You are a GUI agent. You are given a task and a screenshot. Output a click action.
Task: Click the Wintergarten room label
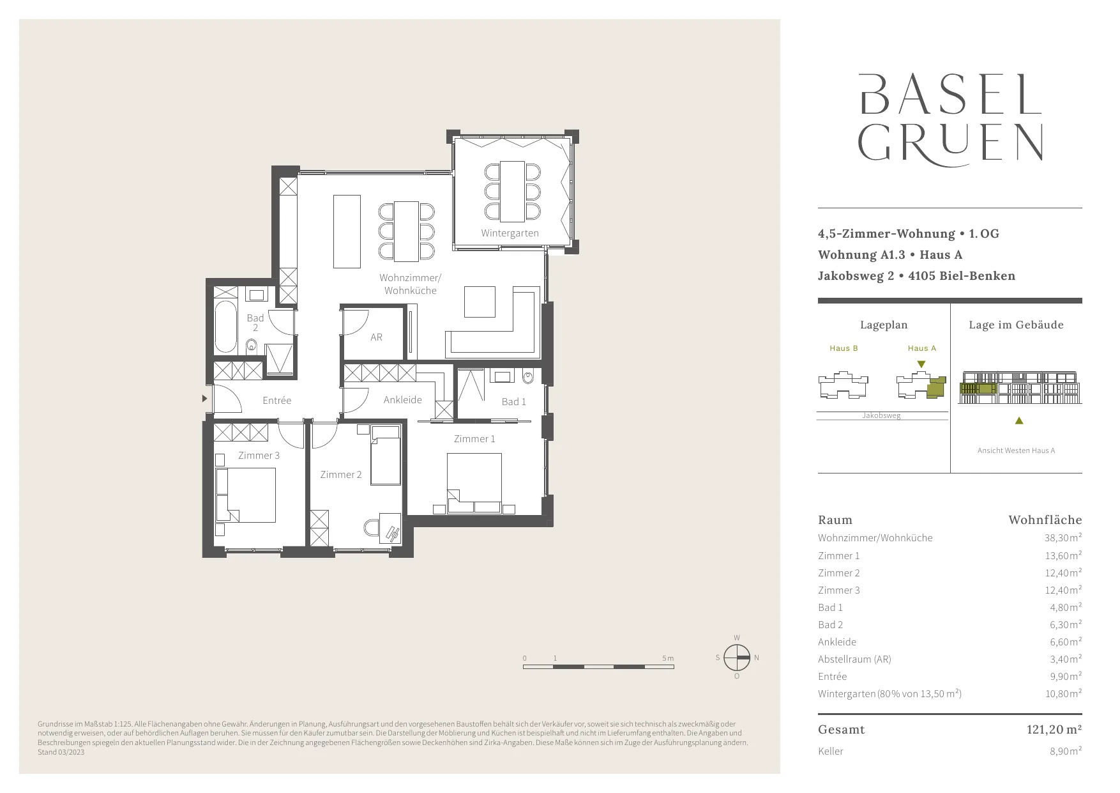click(x=510, y=233)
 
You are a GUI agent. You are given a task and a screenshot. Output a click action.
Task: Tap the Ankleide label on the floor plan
click(x=402, y=400)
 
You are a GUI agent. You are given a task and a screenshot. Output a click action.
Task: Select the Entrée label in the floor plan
click(x=276, y=401)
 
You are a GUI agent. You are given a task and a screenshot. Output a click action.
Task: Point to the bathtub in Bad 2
click(x=225, y=327)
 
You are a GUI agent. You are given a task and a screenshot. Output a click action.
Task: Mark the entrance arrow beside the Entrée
click(x=205, y=399)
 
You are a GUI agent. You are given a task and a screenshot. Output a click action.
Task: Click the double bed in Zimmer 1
click(x=474, y=483)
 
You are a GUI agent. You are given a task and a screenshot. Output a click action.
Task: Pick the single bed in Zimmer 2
click(x=386, y=455)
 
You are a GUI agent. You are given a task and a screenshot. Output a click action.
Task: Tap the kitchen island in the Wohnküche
click(x=347, y=231)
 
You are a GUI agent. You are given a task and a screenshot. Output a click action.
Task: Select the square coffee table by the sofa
click(x=480, y=302)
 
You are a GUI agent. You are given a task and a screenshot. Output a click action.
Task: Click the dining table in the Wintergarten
click(x=512, y=190)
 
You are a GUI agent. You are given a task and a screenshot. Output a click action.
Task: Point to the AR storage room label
click(x=376, y=337)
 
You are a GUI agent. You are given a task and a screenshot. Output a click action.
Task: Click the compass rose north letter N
click(x=757, y=658)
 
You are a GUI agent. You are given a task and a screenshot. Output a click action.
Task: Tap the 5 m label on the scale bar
click(x=668, y=658)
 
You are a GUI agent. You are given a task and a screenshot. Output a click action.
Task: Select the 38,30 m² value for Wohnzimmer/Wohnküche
click(x=1063, y=538)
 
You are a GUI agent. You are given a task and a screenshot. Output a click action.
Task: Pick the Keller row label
click(x=831, y=751)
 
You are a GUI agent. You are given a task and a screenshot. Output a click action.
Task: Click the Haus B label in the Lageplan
click(x=844, y=348)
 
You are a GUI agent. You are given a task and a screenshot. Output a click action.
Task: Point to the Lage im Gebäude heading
click(x=1016, y=325)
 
